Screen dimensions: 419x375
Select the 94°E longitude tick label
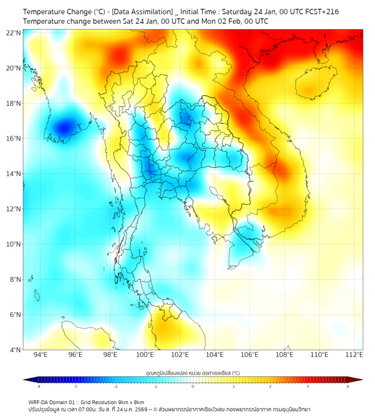point(40,355)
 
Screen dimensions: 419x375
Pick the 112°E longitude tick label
point(354,355)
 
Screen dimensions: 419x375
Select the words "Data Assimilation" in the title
point(143,12)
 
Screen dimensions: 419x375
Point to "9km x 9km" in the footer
point(128,402)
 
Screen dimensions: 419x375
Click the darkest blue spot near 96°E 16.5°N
point(64,127)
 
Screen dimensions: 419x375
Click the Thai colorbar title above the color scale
point(192,373)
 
